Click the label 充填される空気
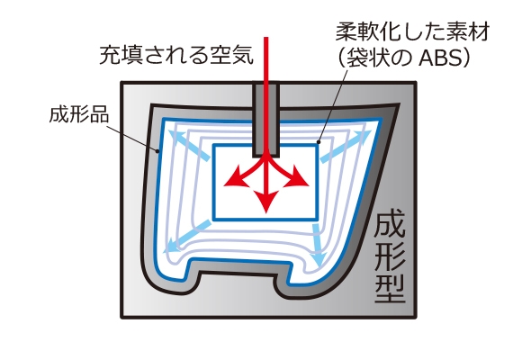(176, 55)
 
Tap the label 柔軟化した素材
(413, 32)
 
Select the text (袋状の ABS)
(404, 58)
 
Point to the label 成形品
(79, 114)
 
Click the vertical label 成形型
(390, 259)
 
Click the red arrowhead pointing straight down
(266, 202)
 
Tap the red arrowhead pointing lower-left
(234, 176)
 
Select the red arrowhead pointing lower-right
(297, 176)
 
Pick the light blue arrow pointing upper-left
(189, 146)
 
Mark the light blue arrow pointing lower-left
(188, 237)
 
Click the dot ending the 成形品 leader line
(157, 151)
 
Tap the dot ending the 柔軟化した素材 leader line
(319, 141)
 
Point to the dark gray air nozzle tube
(266, 121)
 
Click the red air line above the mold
(266, 59)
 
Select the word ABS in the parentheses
(440, 58)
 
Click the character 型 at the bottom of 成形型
(390, 289)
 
